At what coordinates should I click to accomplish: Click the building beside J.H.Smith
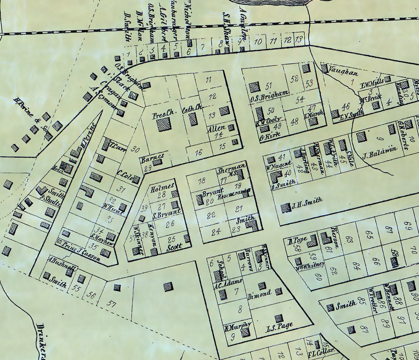coord(285,208)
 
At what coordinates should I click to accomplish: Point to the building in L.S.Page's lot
coord(278,318)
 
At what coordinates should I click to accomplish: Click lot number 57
coord(111,304)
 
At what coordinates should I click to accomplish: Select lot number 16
coord(198,152)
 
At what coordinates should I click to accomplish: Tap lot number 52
coord(294,78)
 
